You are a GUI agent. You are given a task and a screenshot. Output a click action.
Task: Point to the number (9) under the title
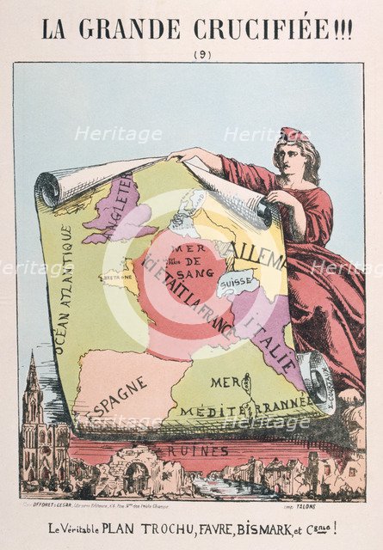click(x=191, y=54)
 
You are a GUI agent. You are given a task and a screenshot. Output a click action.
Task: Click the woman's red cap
click(x=293, y=135)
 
